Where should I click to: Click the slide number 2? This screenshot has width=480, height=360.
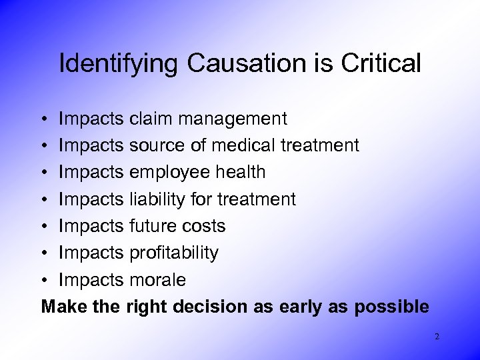437,337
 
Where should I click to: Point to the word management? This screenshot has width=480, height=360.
235,119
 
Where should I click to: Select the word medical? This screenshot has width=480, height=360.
253,145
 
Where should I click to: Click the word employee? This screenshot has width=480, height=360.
167,173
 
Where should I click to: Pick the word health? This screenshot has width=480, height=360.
237,172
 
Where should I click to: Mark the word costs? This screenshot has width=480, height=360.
203,226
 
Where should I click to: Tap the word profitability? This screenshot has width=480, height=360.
173,253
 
